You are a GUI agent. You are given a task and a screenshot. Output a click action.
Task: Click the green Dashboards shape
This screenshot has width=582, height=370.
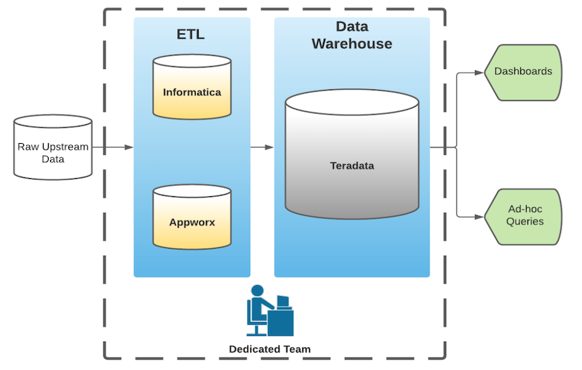(x=523, y=72)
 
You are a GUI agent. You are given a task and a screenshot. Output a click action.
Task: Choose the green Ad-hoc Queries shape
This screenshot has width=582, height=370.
(x=523, y=215)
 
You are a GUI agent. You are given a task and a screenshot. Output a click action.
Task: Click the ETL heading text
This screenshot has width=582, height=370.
(x=191, y=34)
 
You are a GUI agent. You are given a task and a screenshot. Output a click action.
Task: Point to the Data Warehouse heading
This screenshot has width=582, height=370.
(x=352, y=36)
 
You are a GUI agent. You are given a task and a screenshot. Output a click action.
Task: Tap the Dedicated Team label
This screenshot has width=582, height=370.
(x=270, y=349)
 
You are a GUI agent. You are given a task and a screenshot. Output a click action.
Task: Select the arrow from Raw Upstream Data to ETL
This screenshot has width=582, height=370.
(x=113, y=148)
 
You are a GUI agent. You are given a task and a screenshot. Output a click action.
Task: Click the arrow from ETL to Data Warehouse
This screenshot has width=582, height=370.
(x=262, y=148)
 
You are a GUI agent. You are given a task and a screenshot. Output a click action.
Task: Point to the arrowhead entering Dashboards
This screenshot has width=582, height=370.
(x=479, y=73)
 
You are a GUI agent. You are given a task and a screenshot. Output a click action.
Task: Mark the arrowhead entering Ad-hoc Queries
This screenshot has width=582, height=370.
(x=479, y=216)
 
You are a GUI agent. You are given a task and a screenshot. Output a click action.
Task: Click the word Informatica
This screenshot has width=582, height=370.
(x=192, y=92)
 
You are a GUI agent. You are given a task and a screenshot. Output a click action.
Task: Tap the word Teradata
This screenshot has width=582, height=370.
(x=352, y=166)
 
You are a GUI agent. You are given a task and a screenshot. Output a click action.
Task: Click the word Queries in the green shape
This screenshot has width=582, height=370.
(x=525, y=221)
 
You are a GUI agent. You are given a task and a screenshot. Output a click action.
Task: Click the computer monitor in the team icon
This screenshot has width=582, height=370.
(x=283, y=300)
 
